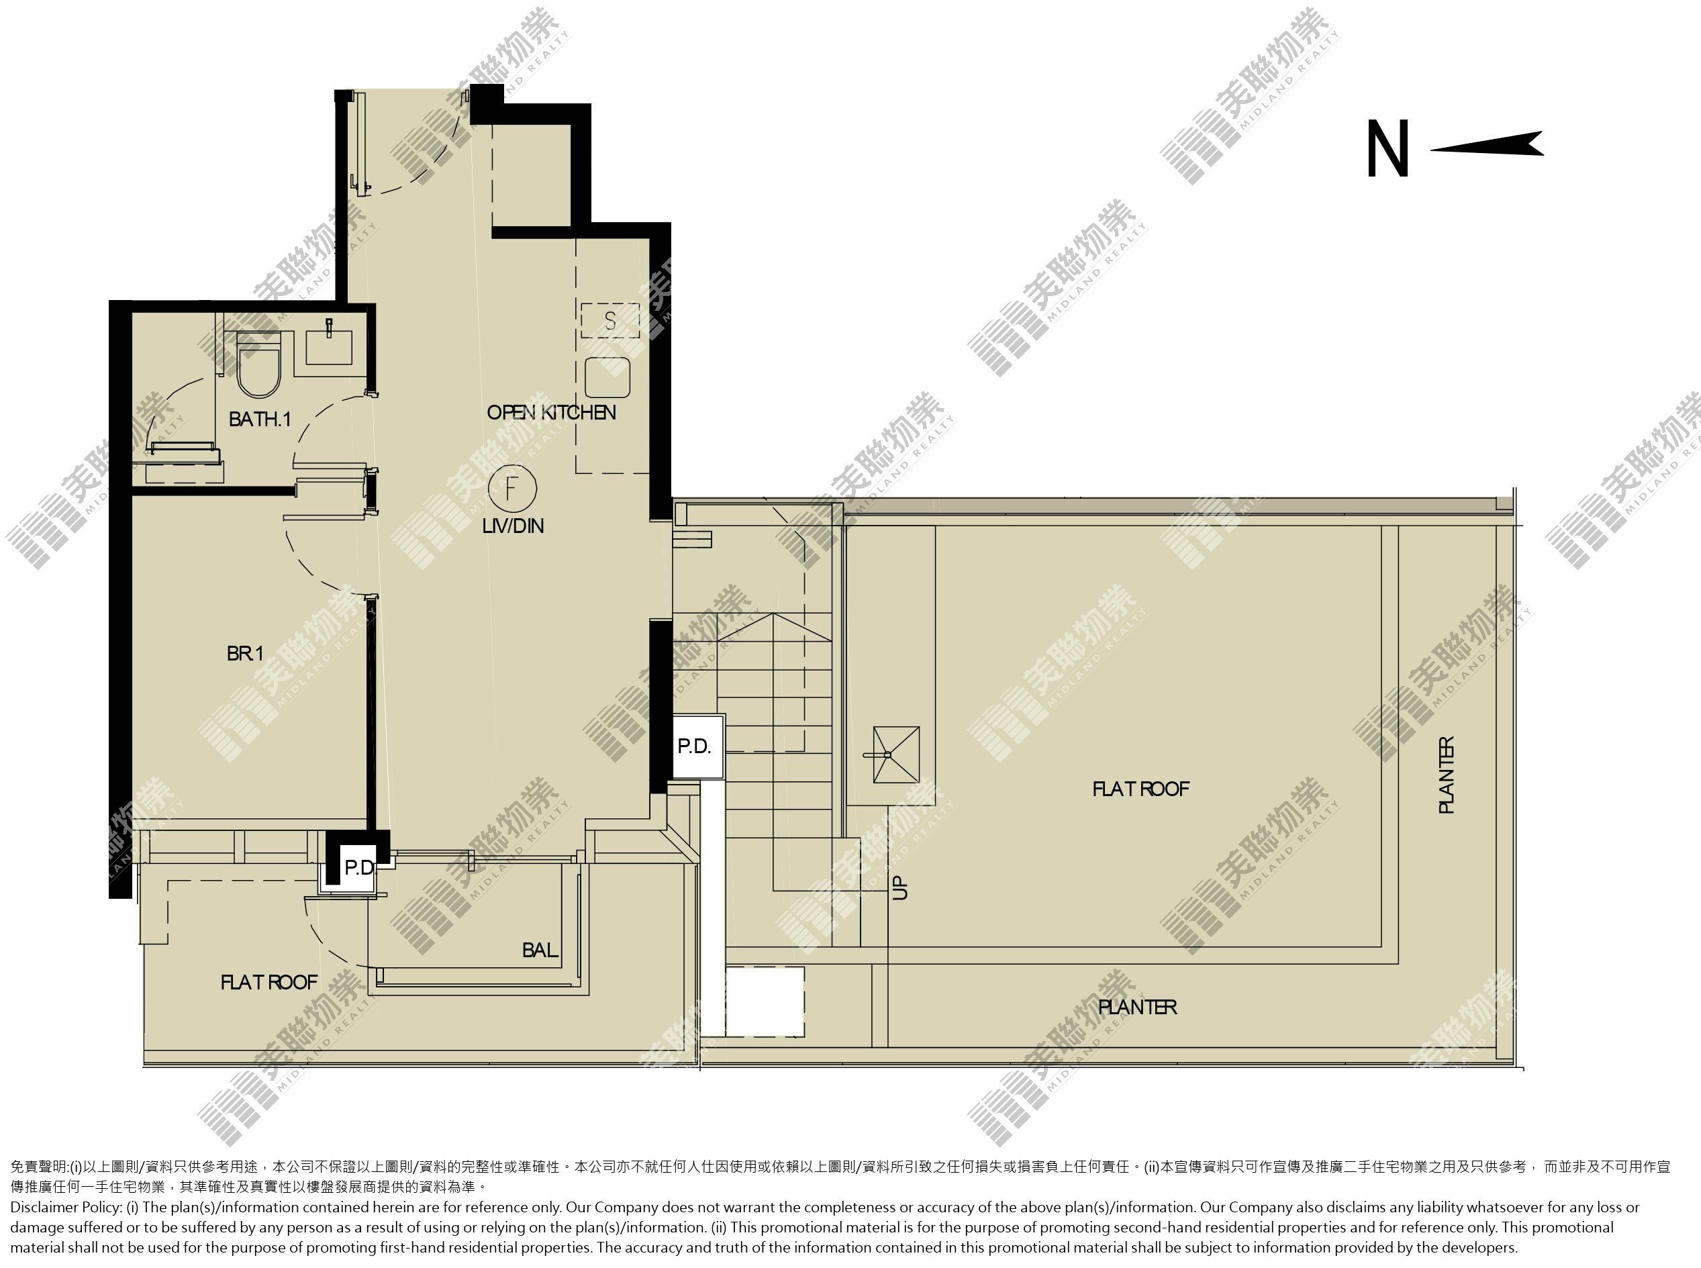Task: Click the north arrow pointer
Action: click(1487, 144)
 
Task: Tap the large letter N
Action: click(1388, 149)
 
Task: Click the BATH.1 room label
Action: click(260, 419)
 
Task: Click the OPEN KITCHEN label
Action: click(551, 412)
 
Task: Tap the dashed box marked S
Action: click(610, 320)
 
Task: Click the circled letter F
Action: click(512, 487)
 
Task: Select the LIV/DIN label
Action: click(513, 526)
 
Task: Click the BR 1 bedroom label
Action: click(245, 653)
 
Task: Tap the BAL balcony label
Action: click(540, 950)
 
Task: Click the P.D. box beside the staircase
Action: click(695, 746)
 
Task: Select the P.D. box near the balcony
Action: click(358, 868)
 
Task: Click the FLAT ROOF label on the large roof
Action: click(1140, 789)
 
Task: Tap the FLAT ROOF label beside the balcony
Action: click(269, 983)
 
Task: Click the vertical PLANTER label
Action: click(1446, 775)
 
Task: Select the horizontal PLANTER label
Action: click(1138, 1007)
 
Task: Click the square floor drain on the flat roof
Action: click(895, 754)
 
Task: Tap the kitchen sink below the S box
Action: click(607, 377)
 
